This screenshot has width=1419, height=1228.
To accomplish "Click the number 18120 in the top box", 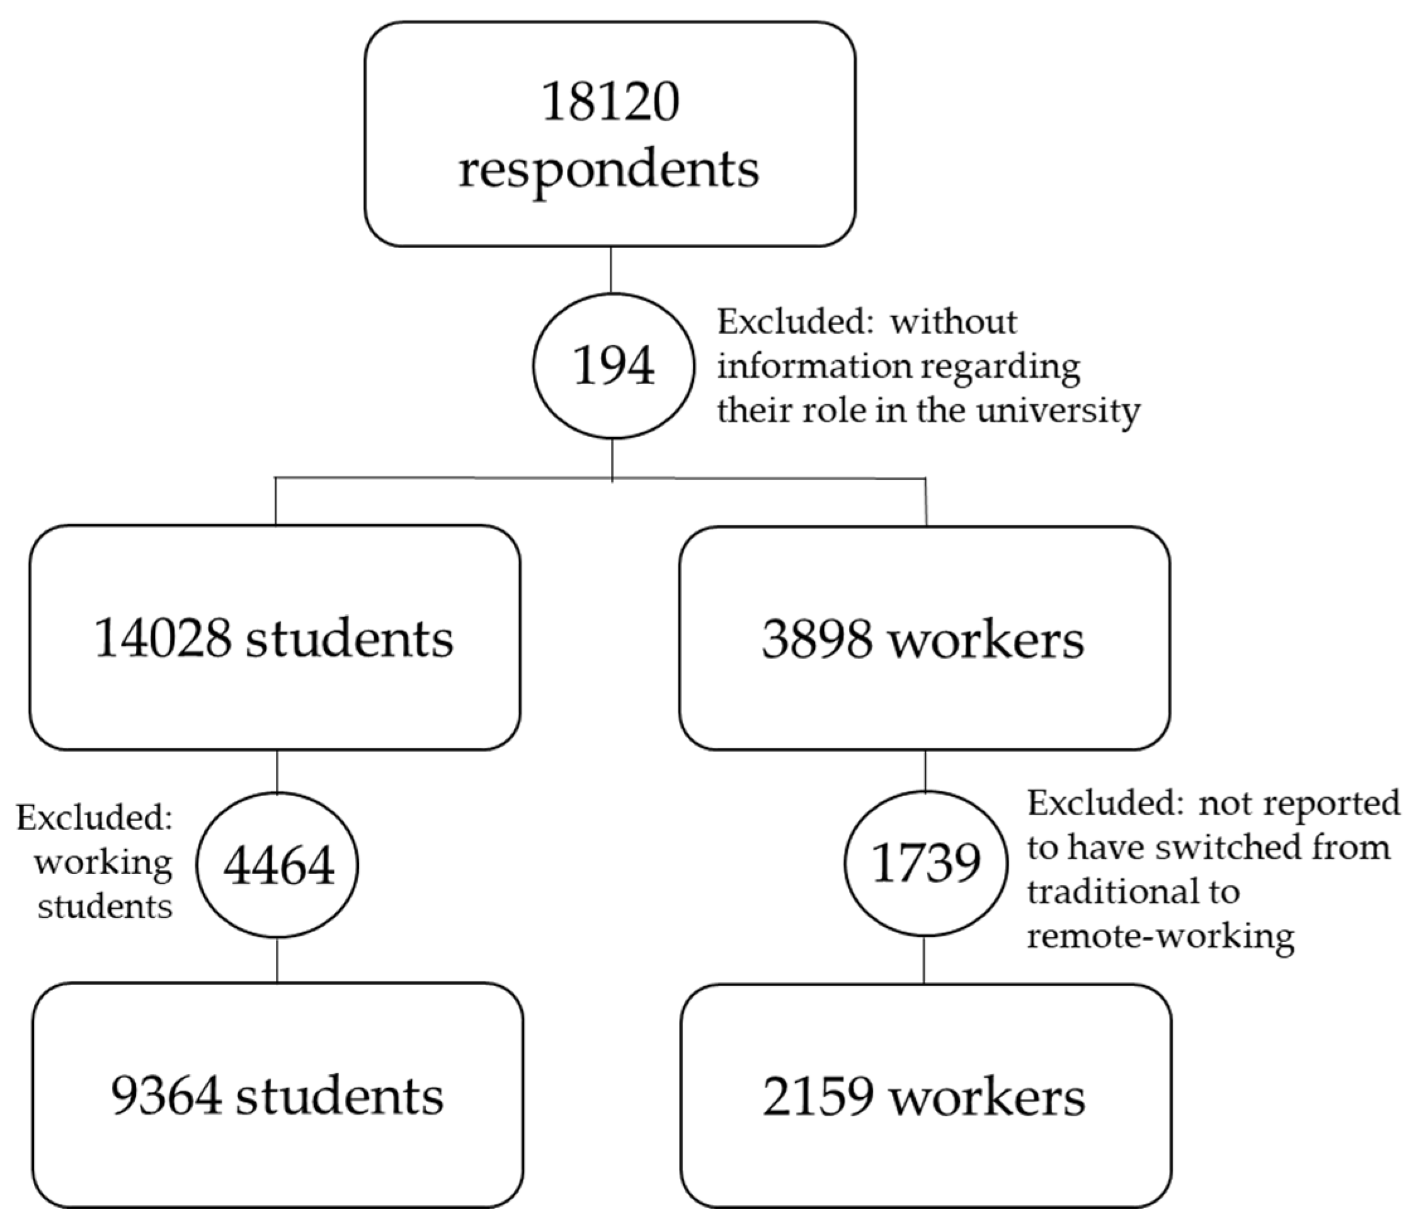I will click(610, 101).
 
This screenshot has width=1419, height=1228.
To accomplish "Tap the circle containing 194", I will click(613, 366).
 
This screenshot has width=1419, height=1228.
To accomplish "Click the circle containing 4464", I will click(278, 865).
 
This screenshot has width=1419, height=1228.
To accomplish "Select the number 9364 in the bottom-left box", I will click(166, 1096).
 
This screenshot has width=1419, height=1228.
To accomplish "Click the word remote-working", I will click(1161, 936).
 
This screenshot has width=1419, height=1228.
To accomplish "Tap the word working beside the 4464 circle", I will click(103, 862).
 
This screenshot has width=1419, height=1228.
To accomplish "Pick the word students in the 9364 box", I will click(340, 1096).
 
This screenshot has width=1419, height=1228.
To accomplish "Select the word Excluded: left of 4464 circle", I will click(94, 817).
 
